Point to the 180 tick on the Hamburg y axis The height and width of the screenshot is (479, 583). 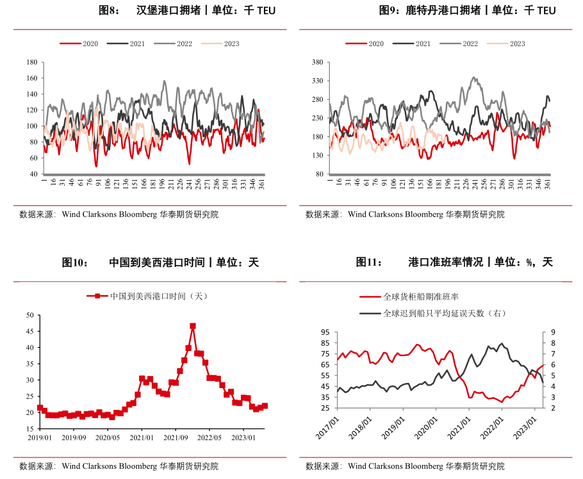coord(31,62)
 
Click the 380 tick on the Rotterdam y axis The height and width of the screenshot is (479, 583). coord(316,62)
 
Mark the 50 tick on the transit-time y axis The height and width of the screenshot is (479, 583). coord(29,315)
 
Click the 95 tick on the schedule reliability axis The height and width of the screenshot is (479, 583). coord(324,332)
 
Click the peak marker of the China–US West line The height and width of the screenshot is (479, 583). coord(193,326)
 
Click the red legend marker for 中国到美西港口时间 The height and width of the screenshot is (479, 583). coord(97,296)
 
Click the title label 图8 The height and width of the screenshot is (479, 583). coord(109,10)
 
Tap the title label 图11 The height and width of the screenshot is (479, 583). coord(368,262)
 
